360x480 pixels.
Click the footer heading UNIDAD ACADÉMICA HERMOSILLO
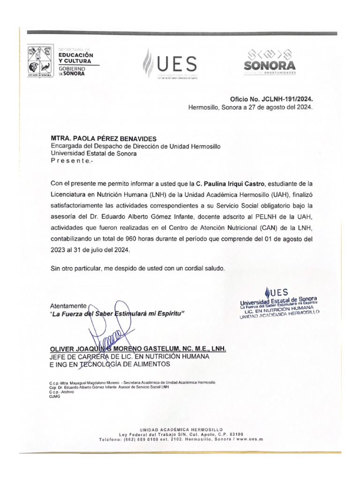pos(180,429)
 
